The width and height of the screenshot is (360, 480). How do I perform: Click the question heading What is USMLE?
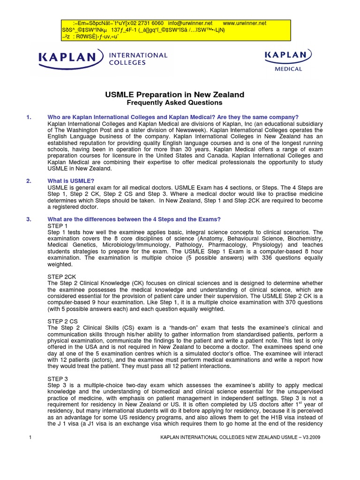(x=71, y=180)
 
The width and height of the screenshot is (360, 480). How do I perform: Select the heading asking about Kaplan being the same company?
(x=173, y=117)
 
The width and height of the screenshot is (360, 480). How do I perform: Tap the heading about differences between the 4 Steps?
(x=134, y=219)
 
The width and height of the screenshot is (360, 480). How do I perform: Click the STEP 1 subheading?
(x=58, y=226)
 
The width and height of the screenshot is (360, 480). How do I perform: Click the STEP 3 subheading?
(x=58, y=378)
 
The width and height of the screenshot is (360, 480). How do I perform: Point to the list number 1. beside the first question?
(x=29, y=117)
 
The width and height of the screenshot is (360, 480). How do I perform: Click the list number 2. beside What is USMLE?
(x=29, y=180)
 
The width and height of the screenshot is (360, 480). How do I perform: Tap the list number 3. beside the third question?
(x=29, y=219)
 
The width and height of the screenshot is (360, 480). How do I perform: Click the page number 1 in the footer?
(x=29, y=437)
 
